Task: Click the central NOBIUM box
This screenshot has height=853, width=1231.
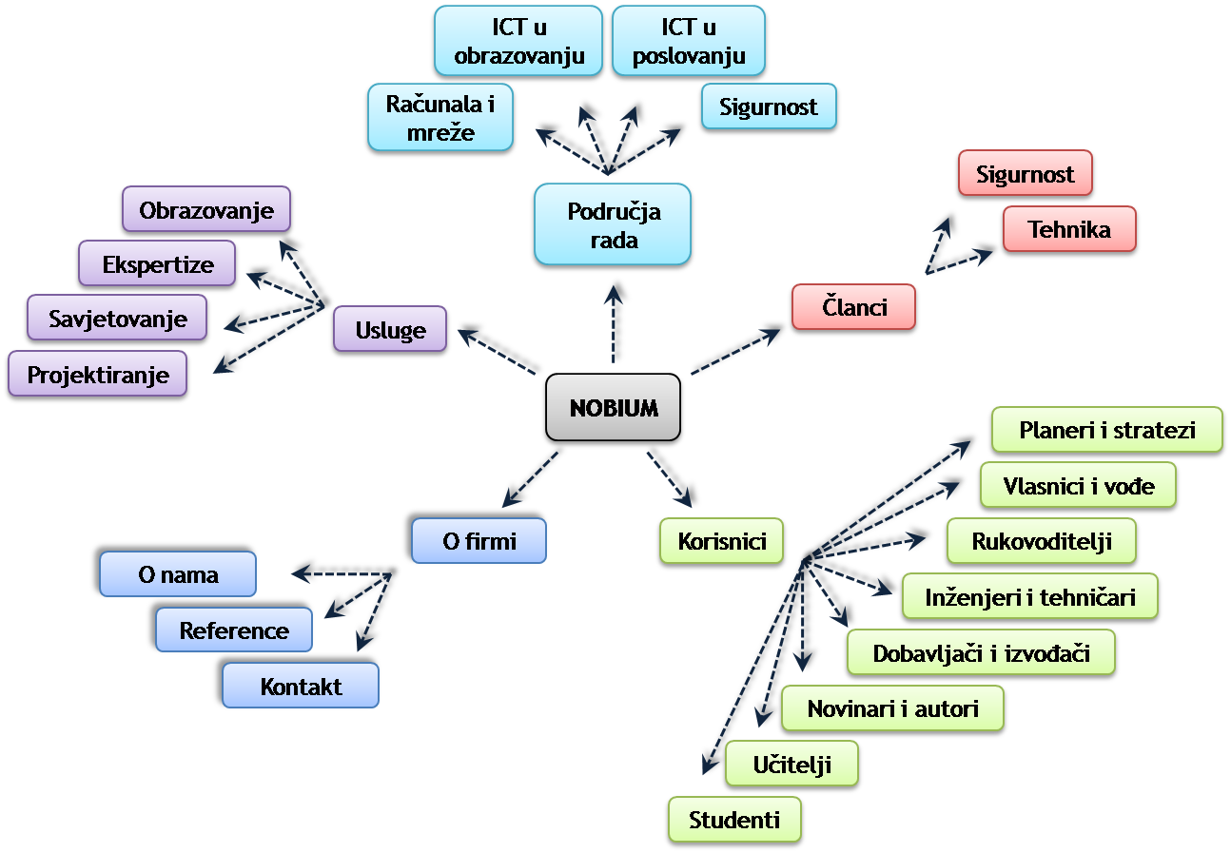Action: click(614, 407)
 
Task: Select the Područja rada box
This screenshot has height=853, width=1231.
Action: click(613, 225)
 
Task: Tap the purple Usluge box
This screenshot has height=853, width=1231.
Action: click(390, 330)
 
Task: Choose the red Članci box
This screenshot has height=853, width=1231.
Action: click(853, 307)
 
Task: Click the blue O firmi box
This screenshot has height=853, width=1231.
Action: click(479, 541)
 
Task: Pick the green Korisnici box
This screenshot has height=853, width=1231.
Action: click(723, 542)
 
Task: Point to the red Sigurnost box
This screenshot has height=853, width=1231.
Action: click(1025, 174)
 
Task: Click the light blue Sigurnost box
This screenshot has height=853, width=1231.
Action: click(768, 107)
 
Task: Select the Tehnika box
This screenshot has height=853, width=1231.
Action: click(1068, 229)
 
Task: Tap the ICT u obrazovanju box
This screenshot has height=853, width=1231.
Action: click(518, 42)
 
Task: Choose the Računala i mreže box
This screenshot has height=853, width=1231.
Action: click(440, 118)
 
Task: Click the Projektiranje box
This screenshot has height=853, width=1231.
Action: click(97, 375)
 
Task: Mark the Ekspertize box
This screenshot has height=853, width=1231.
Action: click(157, 264)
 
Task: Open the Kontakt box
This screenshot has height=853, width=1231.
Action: click(301, 687)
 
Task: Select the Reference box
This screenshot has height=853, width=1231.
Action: click(234, 630)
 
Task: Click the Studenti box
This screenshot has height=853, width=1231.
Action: click(733, 820)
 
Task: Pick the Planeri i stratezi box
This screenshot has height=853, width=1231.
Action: click(1106, 430)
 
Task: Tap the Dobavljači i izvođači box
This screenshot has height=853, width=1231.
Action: click(981, 653)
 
